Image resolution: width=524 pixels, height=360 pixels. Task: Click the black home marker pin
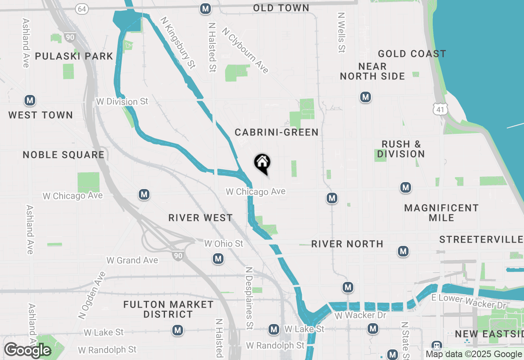click(x=262, y=163)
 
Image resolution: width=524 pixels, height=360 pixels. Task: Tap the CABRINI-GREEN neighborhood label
click(x=276, y=132)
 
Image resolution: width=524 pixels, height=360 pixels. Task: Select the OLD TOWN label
click(x=281, y=8)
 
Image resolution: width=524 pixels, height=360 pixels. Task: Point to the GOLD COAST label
click(x=412, y=54)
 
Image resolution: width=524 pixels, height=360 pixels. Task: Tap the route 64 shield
click(x=82, y=9)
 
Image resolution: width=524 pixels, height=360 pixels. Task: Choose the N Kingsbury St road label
click(x=178, y=42)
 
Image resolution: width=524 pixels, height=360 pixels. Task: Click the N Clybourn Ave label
click(x=245, y=51)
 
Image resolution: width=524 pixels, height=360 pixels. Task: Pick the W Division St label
click(x=122, y=101)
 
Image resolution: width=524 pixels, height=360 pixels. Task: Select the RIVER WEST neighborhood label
click(x=201, y=218)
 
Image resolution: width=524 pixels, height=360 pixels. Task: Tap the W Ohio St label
click(x=224, y=244)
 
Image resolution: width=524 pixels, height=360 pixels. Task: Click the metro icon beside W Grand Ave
click(x=218, y=259)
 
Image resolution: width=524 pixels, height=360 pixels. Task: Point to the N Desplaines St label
click(x=248, y=298)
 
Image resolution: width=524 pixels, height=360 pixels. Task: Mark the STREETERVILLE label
click(x=481, y=239)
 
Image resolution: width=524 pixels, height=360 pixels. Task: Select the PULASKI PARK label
click(x=74, y=56)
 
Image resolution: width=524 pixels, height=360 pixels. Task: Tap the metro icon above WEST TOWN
click(x=29, y=100)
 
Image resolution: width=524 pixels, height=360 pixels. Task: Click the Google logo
click(x=27, y=350)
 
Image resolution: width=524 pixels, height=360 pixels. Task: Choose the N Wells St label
click(x=341, y=32)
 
